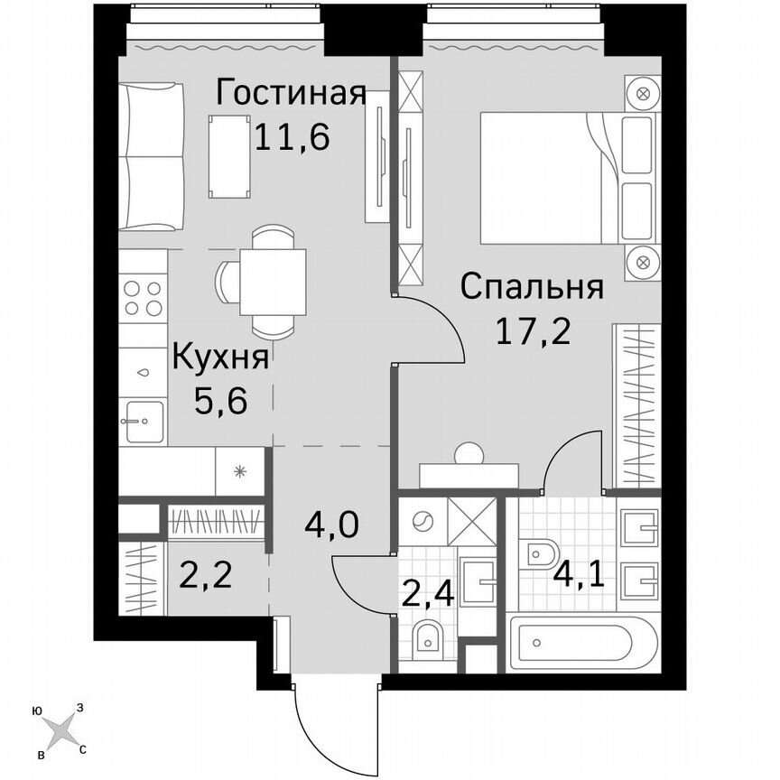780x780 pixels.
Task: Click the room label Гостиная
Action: pyautogui.click(x=291, y=93)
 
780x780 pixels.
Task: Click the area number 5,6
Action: pyautogui.click(x=220, y=398)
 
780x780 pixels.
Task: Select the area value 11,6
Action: pyautogui.click(x=291, y=137)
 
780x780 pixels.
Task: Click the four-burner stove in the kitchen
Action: pyautogui.click(x=143, y=298)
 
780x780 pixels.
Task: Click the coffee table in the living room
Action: pyautogui.click(x=229, y=155)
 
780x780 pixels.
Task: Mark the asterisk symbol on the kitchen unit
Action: pyautogui.click(x=239, y=470)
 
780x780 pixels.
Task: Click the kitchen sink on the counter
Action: pyautogui.click(x=144, y=422)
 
